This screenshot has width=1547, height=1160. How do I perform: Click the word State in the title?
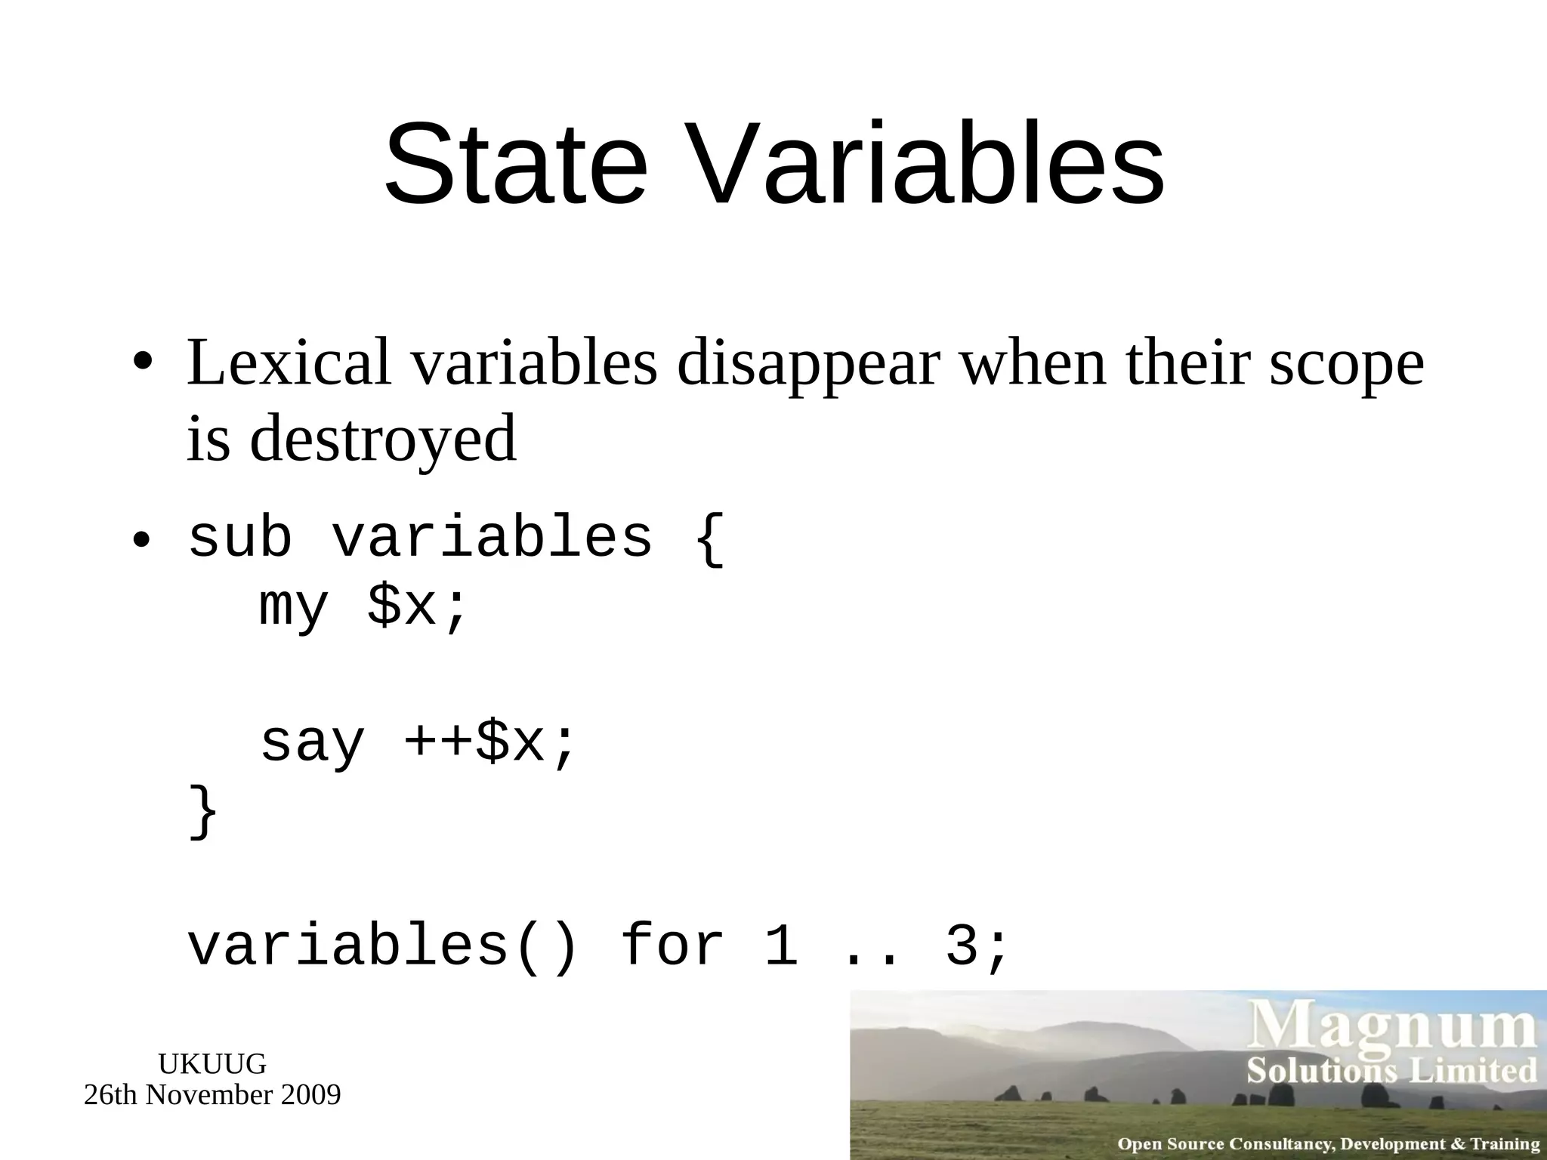pyautogui.click(x=515, y=164)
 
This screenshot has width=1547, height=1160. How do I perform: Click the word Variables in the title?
pyautogui.click(x=928, y=164)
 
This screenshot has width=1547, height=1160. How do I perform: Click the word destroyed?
pyautogui.click(x=383, y=440)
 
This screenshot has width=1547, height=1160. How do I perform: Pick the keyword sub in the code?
pyautogui.click(x=239, y=538)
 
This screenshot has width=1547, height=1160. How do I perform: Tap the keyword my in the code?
pyautogui.click(x=294, y=606)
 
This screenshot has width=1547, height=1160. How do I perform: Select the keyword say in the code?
pyautogui.click(x=312, y=743)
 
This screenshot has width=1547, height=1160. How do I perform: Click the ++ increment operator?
pyautogui.click(x=439, y=742)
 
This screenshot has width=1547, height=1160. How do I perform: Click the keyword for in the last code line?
pyautogui.click(x=672, y=946)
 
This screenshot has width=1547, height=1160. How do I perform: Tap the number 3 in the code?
pyautogui.click(x=962, y=946)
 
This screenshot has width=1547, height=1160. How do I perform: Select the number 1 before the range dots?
pyautogui.click(x=781, y=946)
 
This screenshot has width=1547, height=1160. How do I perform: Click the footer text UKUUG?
pyautogui.click(x=212, y=1064)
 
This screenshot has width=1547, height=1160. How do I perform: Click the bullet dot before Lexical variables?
pyautogui.click(x=143, y=361)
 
